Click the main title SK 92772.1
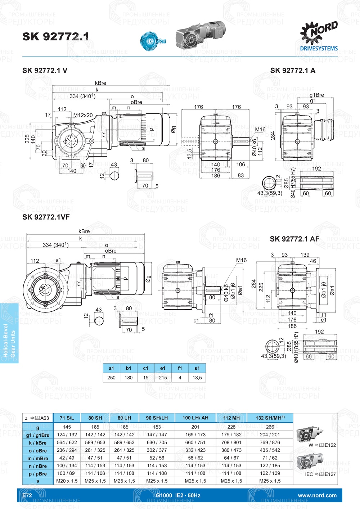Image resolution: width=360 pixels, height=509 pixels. (55, 36)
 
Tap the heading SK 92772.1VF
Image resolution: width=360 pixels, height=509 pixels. (46, 217)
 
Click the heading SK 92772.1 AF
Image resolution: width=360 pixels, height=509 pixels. (294, 239)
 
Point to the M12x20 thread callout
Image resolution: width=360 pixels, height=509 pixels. (83, 115)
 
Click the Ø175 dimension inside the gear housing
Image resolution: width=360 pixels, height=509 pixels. (70, 139)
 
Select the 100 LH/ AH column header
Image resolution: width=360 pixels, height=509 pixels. (195, 418)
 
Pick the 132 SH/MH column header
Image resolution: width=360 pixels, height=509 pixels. (270, 418)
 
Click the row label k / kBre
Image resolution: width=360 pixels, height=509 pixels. (38, 443)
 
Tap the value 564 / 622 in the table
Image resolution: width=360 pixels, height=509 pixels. (67, 442)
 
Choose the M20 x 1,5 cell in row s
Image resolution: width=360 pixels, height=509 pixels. (67, 481)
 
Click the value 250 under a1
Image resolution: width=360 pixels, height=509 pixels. (112, 378)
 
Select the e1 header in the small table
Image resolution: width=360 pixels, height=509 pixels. (163, 368)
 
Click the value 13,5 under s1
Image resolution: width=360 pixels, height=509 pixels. (197, 378)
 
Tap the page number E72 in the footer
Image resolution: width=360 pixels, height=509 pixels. (27, 495)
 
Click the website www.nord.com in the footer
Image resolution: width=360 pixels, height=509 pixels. (317, 495)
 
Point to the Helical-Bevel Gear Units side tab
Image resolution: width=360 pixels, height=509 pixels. (9, 333)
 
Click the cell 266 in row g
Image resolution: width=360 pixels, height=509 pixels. (270, 427)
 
